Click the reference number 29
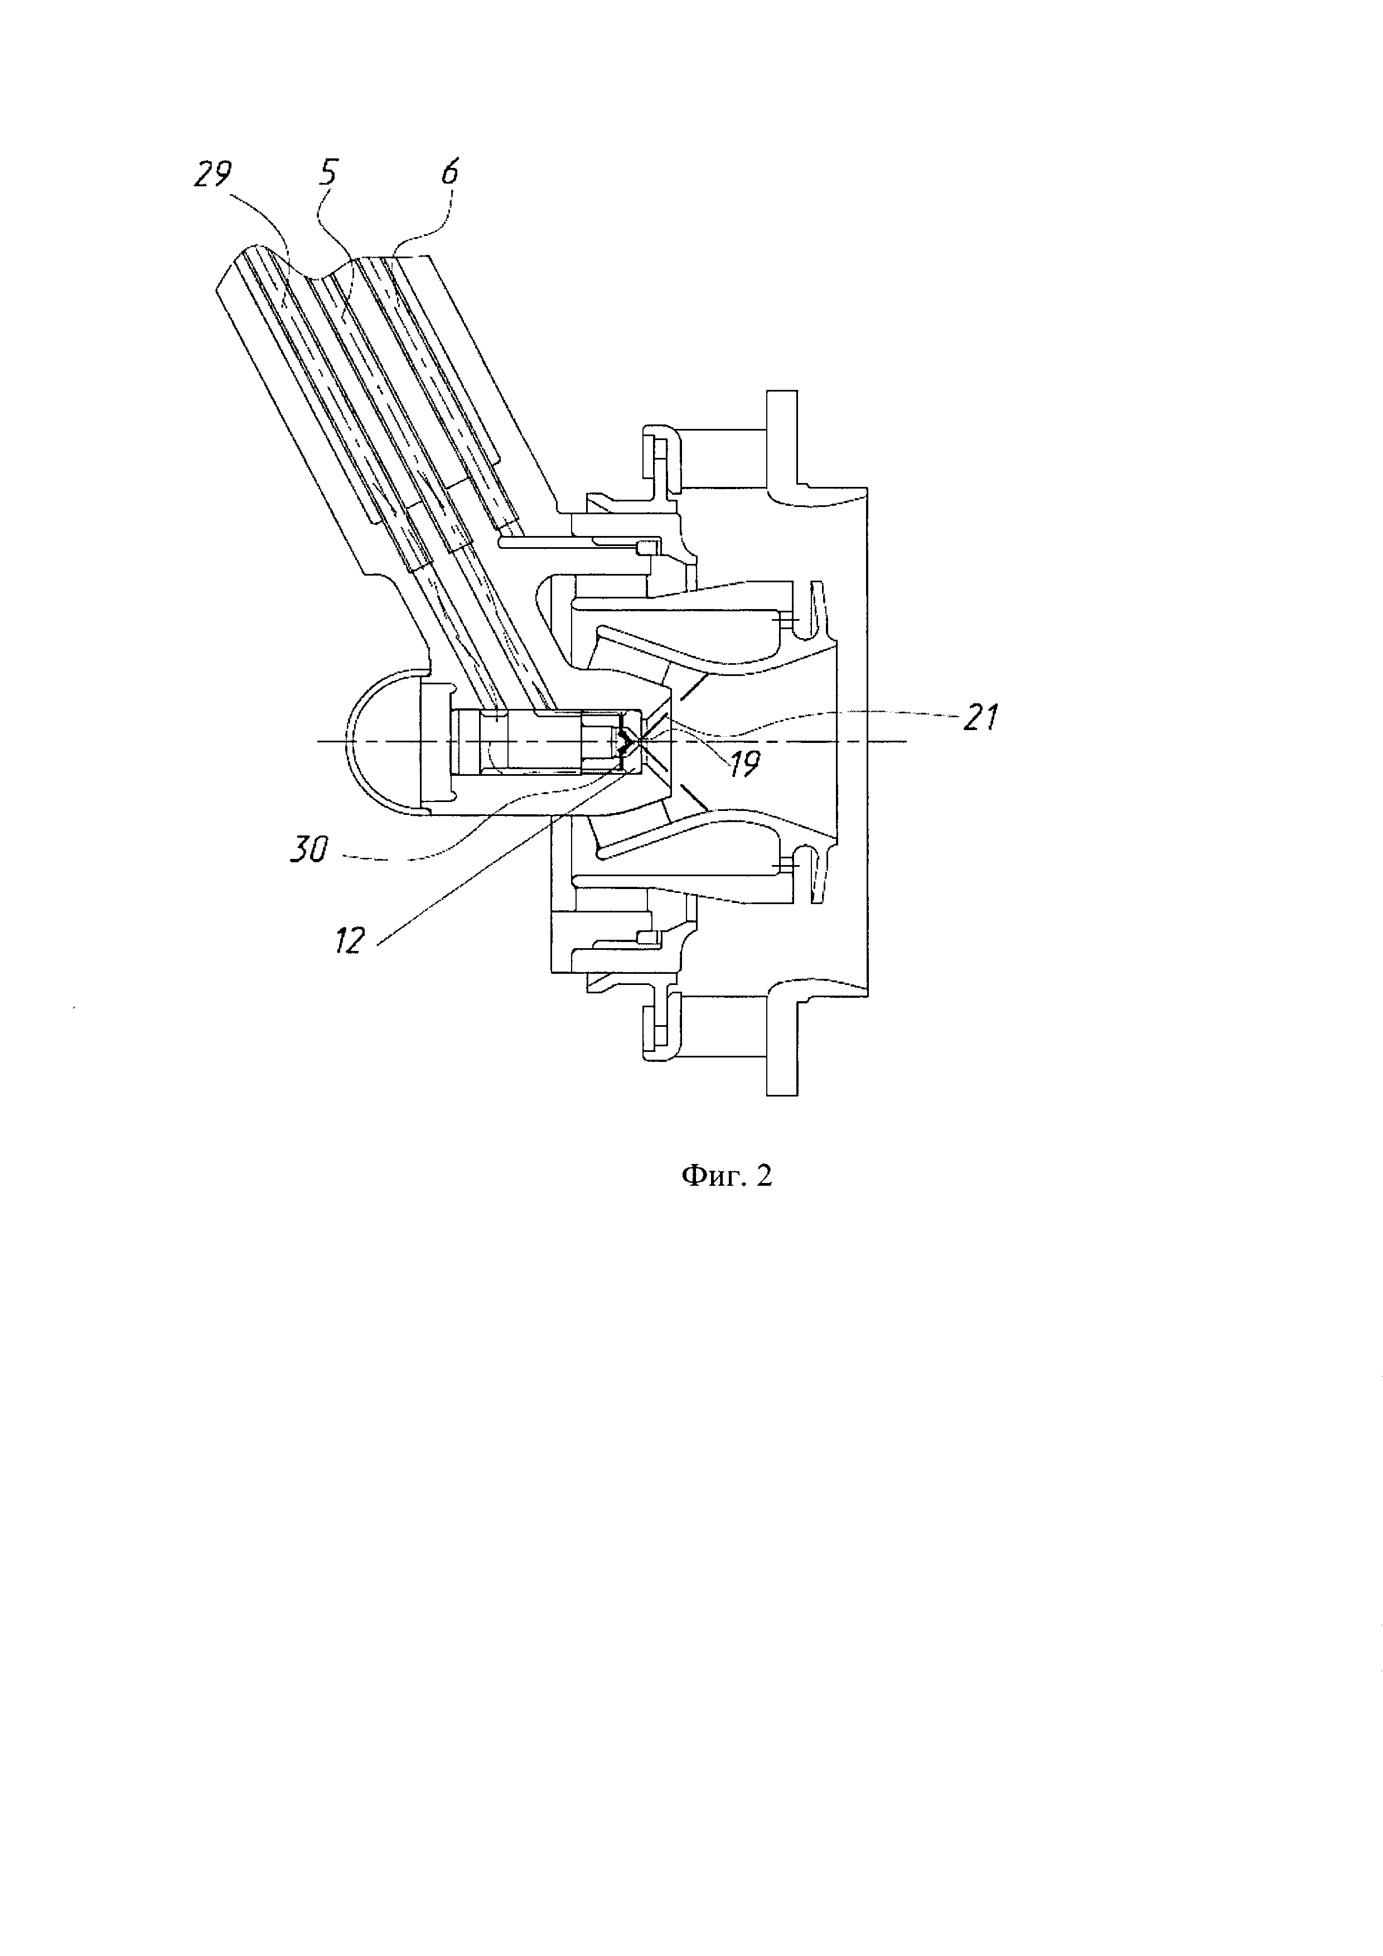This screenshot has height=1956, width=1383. pos(211,176)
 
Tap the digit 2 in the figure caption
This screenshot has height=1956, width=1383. pos(763,1176)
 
